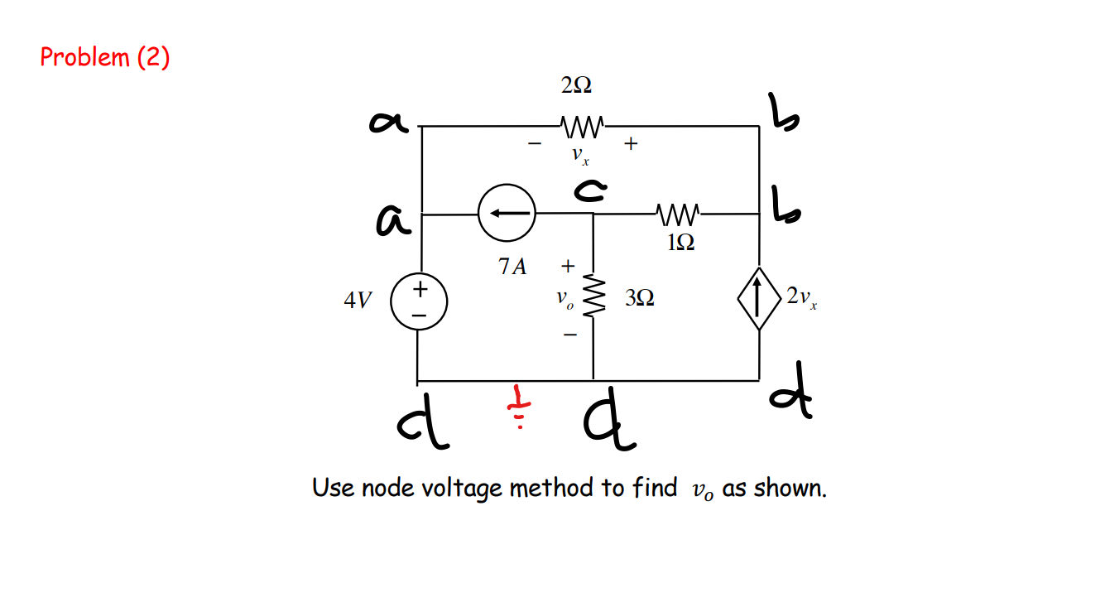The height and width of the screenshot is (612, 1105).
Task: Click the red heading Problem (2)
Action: point(105,57)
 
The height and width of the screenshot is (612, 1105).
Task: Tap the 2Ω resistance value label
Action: point(576,85)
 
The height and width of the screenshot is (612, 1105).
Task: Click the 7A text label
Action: point(512,267)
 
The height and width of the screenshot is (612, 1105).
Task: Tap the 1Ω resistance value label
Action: point(680,242)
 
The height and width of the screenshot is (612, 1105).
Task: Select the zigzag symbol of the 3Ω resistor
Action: point(593,296)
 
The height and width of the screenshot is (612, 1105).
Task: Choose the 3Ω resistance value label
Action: point(639,298)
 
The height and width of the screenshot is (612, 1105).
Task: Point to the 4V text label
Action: point(358,300)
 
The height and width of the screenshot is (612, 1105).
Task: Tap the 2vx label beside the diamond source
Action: point(802,297)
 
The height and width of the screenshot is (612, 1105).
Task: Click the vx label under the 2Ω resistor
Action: point(579,156)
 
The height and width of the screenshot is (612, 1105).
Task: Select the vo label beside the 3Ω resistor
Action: point(564,298)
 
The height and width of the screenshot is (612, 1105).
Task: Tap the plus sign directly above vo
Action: point(567,267)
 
